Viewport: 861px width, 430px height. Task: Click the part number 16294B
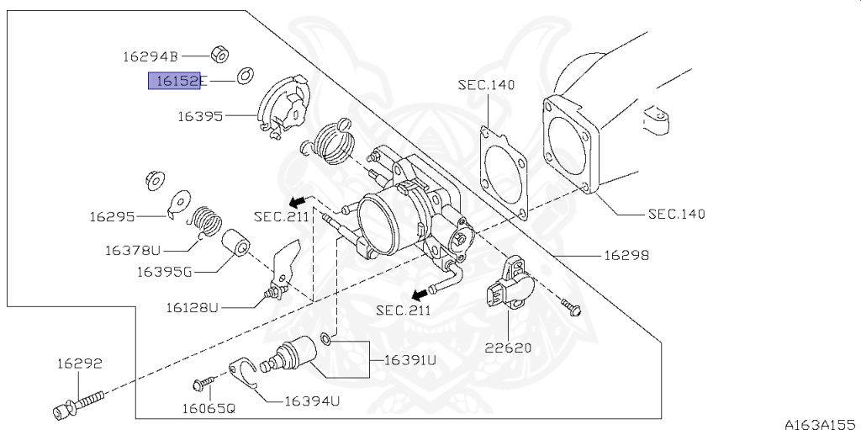(151, 57)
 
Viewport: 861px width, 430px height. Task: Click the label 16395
(199, 116)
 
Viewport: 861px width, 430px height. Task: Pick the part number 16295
(113, 217)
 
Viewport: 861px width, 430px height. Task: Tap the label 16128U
(190, 308)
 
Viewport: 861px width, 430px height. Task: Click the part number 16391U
(410, 359)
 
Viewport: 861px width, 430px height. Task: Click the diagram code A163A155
(820, 422)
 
